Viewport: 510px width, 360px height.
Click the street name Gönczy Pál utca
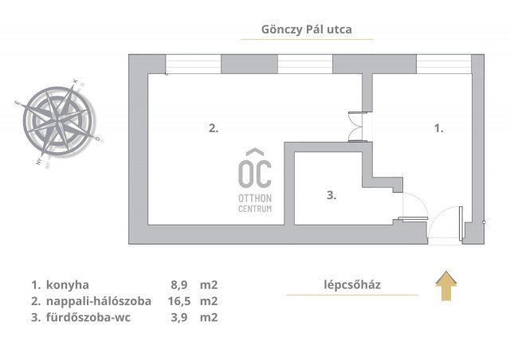pos(306,29)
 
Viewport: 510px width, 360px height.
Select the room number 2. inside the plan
pos(214,127)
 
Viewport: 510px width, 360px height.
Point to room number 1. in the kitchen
pos(438,127)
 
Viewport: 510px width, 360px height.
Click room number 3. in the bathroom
pos(332,194)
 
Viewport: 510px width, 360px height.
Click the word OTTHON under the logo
pos(255,198)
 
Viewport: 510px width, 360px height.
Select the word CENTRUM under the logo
pos(255,209)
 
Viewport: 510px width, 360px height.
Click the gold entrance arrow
pos(447,285)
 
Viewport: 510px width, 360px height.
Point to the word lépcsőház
pos(352,284)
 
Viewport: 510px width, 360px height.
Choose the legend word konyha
pos(68,284)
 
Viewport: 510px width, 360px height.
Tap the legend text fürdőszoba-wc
pos(88,317)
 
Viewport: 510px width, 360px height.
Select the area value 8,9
pos(179,284)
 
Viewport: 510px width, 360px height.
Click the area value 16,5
pos(176,301)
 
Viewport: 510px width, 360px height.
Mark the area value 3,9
pos(179,317)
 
